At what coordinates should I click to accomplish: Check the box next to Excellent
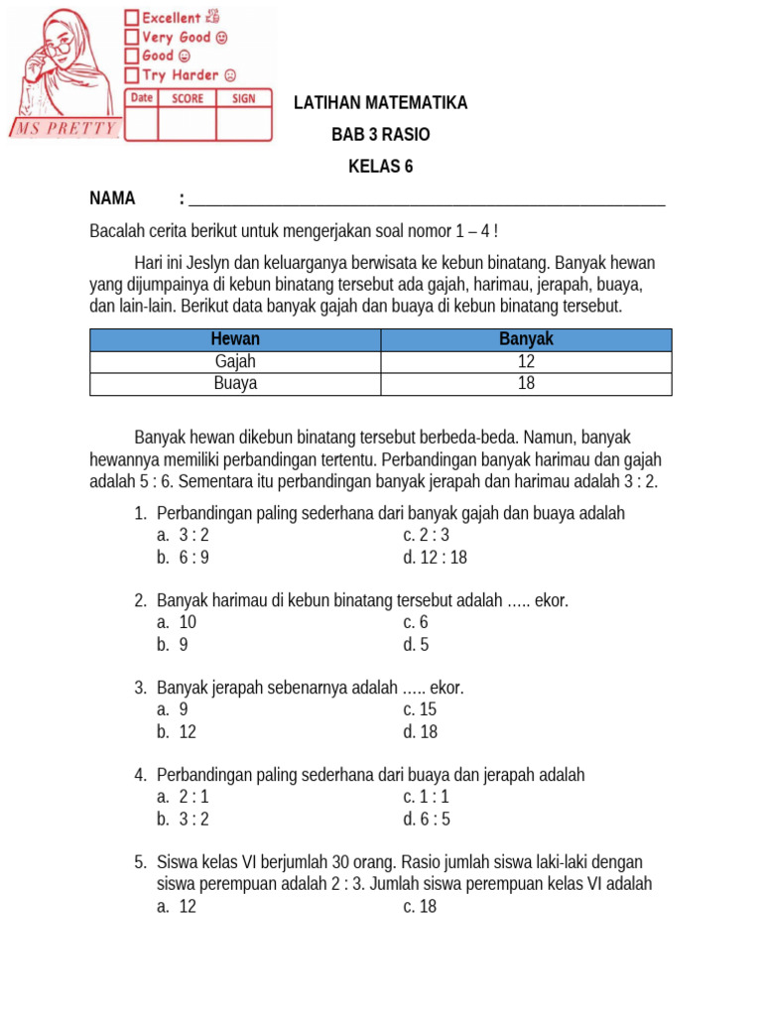click(x=132, y=17)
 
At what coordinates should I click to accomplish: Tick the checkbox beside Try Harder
click(x=132, y=75)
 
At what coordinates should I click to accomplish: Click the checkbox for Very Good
click(x=132, y=37)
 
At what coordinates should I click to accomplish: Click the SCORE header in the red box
click(x=188, y=98)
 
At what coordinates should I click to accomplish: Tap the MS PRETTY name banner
click(x=64, y=129)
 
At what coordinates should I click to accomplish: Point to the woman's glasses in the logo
click(x=58, y=46)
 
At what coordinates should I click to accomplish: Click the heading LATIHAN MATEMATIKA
click(x=381, y=103)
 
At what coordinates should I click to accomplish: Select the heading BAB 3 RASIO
click(x=381, y=135)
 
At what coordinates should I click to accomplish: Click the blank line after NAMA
click(x=427, y=198)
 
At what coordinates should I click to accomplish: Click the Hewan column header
click(x=235, y=339)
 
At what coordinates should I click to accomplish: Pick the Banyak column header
click(x=526, y=339)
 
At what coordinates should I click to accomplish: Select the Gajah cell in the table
click(x=235, y=362)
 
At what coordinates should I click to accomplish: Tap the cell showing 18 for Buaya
click(x=526, y=384)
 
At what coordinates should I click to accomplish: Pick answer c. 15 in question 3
click(x=420, y=709)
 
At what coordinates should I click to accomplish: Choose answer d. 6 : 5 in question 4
click(x=426, y=819)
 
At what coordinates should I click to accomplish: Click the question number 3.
click(x=140, y=688)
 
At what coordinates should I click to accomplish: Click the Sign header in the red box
click(x=244, y=98)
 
